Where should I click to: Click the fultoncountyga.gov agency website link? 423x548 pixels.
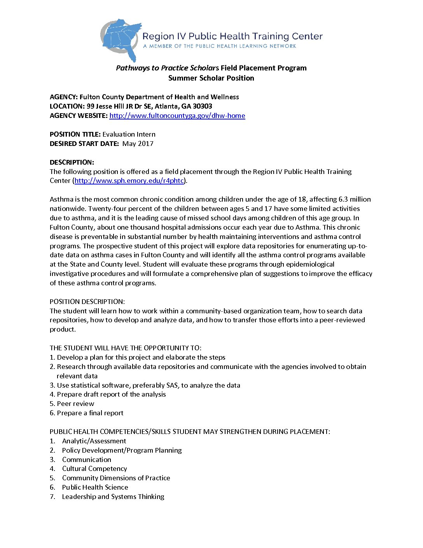click(x=177, y=116)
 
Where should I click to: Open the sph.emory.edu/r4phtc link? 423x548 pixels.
click(x=129, y=181)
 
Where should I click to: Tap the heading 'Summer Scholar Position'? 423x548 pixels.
click(x=211, y=78)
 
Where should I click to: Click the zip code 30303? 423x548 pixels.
click(x=203, y=106)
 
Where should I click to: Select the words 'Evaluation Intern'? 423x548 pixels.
click(x=129, y=134)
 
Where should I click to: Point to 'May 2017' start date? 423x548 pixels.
click(x=138, y=144)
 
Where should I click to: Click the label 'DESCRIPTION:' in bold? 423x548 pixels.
click(x=72, y=162)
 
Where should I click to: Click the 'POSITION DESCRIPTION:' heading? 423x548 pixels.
click(x=87, y=302)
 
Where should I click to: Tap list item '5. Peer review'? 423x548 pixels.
click(x=72, y=404)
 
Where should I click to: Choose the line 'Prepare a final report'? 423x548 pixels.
click(x=90, y=413)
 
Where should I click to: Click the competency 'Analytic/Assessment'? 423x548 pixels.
click(x=94, y=441)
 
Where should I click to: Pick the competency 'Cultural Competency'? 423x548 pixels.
click(x=94, y=469)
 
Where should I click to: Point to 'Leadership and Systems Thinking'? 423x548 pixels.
click(x=113, y=497)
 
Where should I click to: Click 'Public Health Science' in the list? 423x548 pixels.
click(x=95, y=487)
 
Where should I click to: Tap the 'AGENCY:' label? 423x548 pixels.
click(x=64, y=97)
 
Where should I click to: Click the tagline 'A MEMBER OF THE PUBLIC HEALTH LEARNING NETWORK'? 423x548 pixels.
click(x=220, y=46)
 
